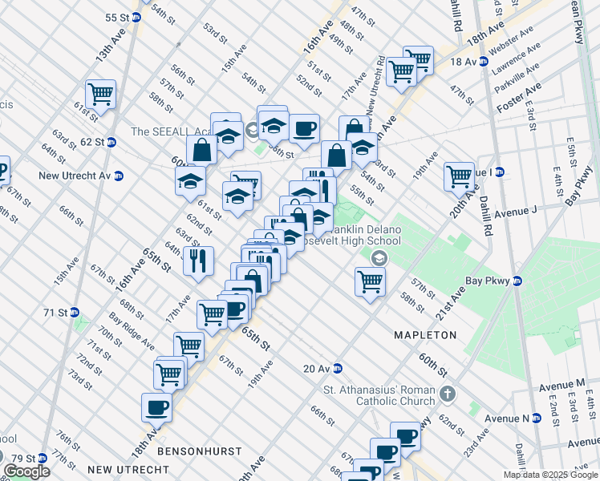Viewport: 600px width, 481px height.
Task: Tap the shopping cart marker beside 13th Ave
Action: click(x=101, y=94)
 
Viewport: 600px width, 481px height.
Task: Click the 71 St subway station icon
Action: click(x=74, y=312)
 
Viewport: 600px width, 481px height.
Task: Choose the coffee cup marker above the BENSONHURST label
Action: click(x=156, y=407)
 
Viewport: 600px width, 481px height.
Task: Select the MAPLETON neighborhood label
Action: click(x=425, y=334)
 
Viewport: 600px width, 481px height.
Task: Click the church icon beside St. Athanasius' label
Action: click(x=448, y=394)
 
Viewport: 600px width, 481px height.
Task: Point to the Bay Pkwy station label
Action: click(x=495, y=281)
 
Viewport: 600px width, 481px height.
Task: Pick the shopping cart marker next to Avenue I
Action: click(x=459, y=176)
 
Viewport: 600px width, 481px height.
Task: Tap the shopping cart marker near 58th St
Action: click(x=370, y=281)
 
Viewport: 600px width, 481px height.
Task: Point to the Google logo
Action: click(x=26, y=471)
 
